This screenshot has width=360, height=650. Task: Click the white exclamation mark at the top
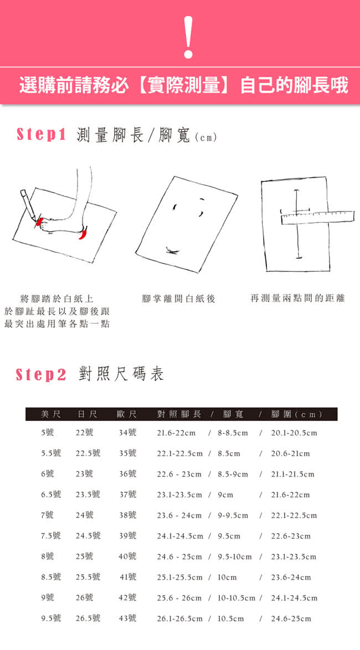(188, 37)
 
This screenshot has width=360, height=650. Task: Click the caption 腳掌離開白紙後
(179, 298)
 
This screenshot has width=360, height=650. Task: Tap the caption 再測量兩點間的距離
(298, 298)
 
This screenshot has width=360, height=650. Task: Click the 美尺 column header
(51, 414)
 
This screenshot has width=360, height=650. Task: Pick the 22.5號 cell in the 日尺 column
(88, 453)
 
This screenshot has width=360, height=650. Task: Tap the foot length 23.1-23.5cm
(179, 494)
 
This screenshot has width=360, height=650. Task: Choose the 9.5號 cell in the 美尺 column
(51, 618)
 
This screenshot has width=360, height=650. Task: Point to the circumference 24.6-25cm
(291, 618)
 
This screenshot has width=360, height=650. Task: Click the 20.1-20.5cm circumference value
(294, 433)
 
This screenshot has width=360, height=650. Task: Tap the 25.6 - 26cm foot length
(179, 598)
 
